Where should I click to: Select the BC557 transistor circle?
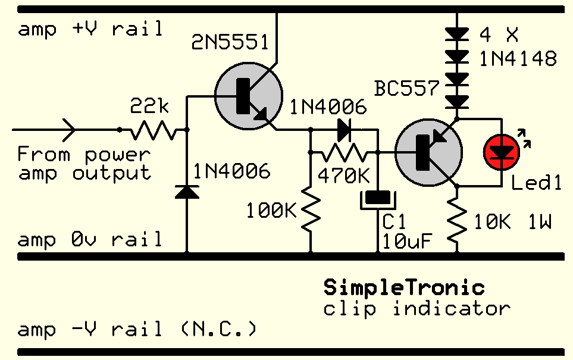[428, 152]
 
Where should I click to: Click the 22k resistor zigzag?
[153, 129]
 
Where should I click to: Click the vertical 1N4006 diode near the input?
[187, 192]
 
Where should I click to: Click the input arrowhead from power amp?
[67, 129]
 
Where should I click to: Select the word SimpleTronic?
[404, 288]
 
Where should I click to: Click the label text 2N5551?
[230, 43]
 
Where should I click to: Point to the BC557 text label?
[407, 89]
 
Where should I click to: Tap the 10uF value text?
[407, 241]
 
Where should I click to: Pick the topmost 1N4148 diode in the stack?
[457, 35]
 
